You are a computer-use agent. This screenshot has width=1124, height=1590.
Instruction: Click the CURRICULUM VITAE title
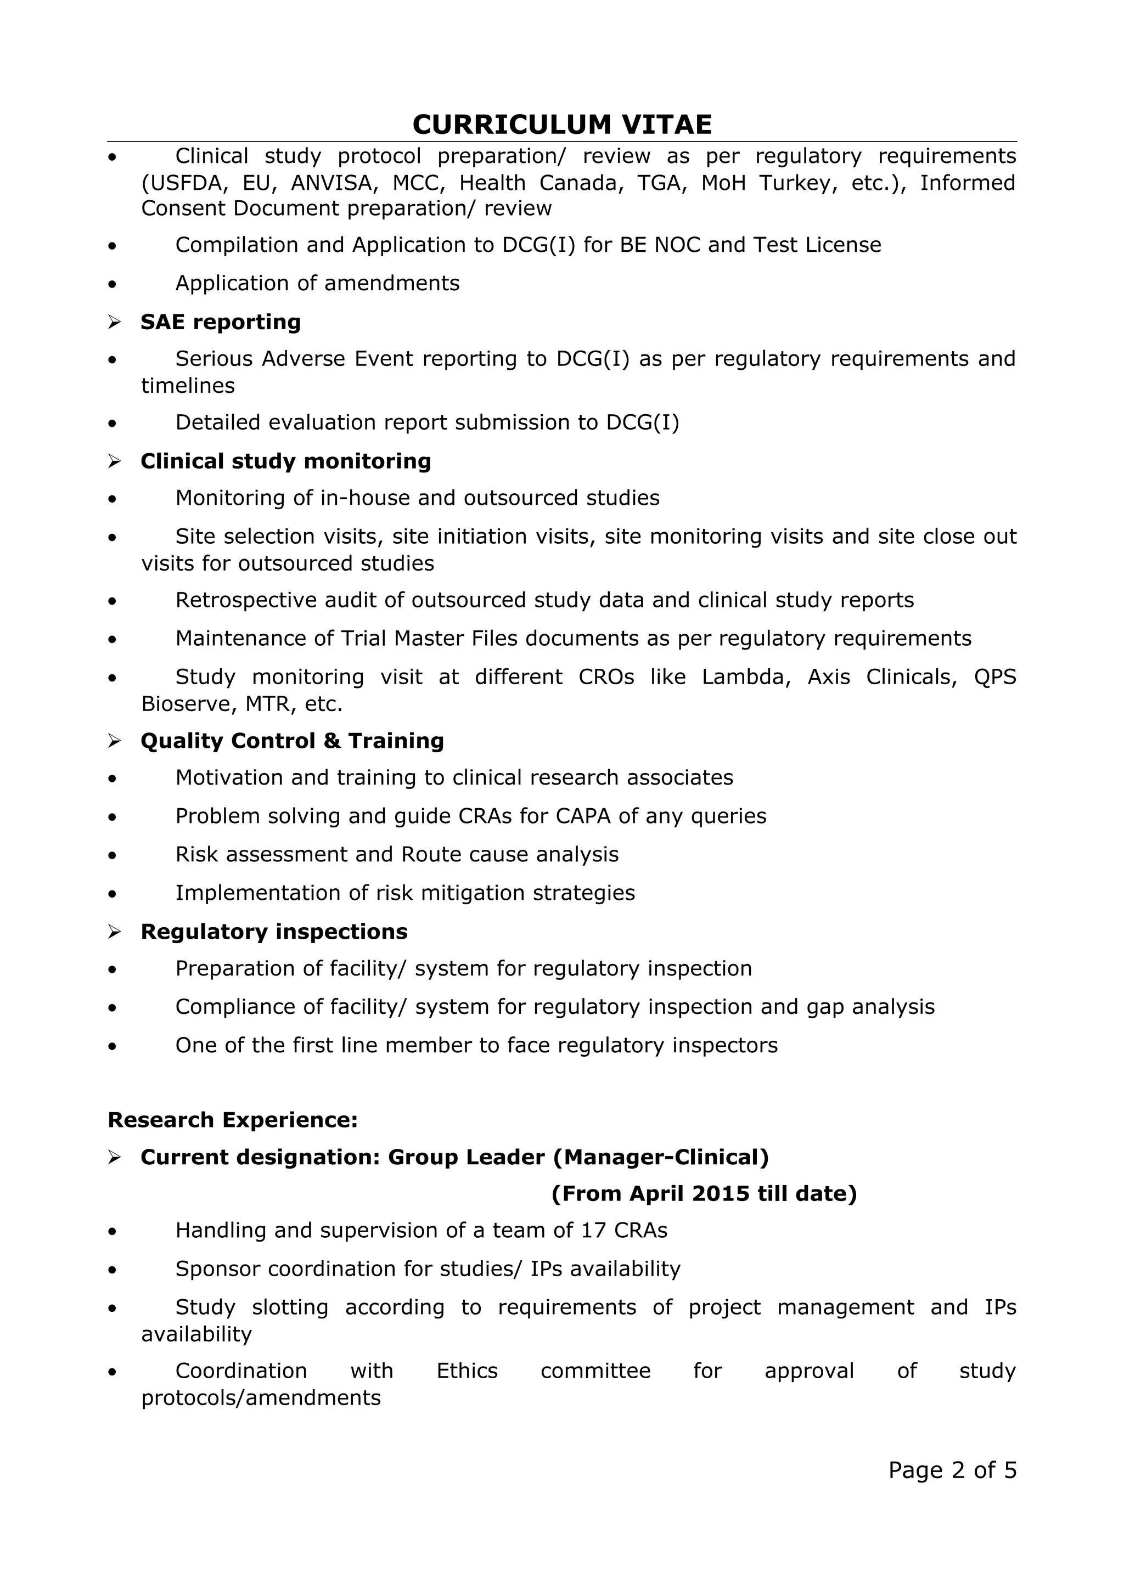(x=561, y=125)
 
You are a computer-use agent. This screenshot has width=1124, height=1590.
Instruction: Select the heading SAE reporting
(x=220, y=322)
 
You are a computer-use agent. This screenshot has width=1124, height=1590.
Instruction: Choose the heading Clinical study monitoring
(x=285, y=461)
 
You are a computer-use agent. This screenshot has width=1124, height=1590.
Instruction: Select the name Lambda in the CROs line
(x=745, y=676)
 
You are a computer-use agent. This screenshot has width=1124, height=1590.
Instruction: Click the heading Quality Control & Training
(x=291, y=741)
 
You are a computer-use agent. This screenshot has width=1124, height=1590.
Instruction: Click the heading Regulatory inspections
(x=273, y=932)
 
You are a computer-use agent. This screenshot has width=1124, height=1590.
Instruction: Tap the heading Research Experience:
(x=233, y=1120)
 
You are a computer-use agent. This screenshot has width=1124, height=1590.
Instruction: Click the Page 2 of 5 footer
(x=952, y=1470)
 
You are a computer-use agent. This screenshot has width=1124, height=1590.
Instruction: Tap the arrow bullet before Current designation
(x=114, y=1157)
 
